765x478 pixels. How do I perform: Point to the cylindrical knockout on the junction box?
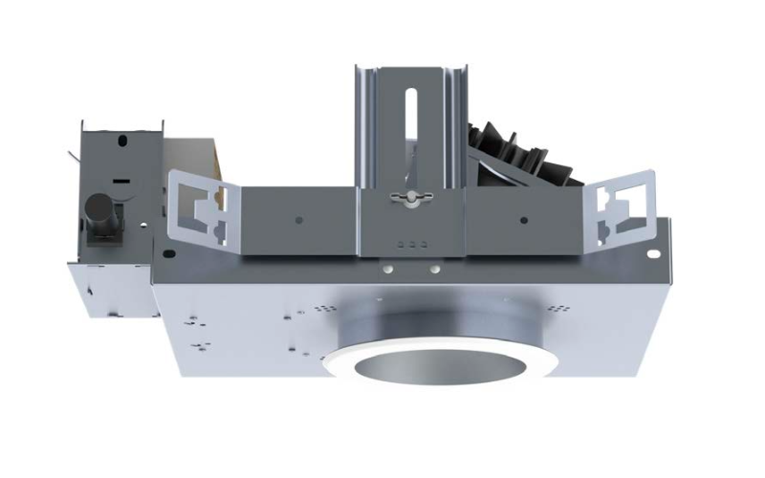(98, 212)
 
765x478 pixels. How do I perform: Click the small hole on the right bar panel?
(523, 221)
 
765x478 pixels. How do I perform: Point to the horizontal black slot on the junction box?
(122, 179)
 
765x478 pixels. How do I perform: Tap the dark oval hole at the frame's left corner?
(168, 254)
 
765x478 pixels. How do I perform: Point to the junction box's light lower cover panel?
(105, 287)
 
